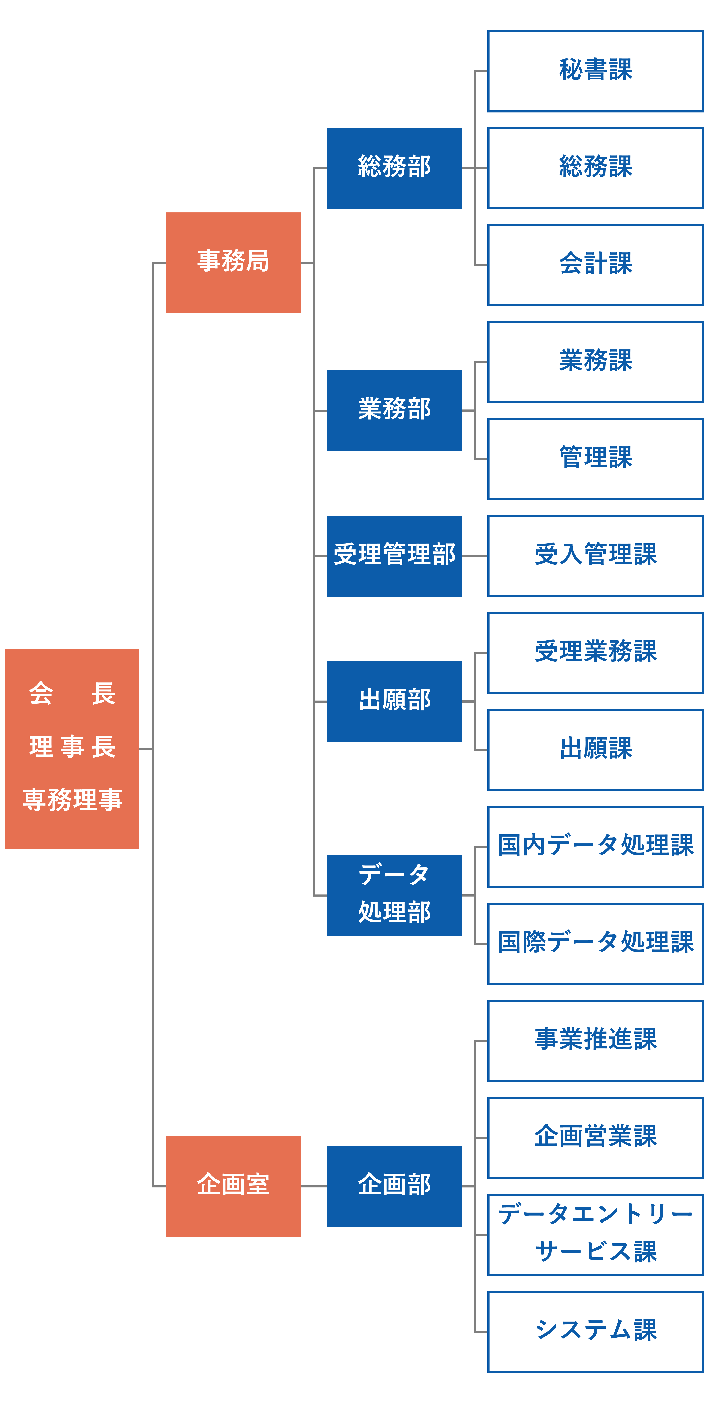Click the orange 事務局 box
coord(233,263)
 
